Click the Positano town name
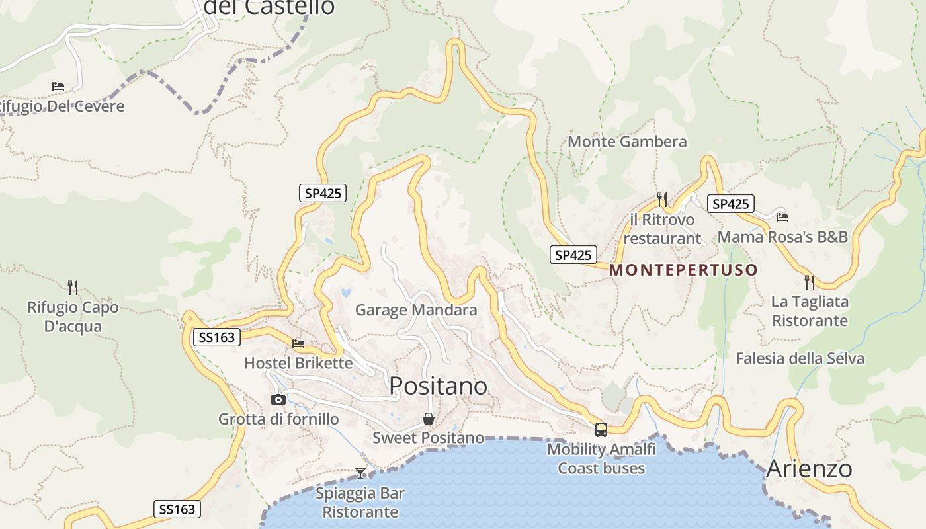438,386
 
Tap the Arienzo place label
809,469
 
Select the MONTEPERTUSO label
683,270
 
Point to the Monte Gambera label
627,142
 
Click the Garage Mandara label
416,309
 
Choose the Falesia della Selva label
800,358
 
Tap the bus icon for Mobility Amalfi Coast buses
601,430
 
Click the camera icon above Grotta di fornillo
278,399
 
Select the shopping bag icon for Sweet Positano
429,419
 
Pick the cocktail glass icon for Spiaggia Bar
360,473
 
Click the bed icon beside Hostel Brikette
298,344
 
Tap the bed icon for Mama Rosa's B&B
782,217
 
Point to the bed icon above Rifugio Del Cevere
58,87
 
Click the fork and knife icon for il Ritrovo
661,199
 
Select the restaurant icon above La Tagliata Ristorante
810,282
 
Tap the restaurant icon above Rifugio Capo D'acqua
73,287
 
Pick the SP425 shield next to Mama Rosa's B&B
731,204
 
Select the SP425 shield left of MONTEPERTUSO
573,255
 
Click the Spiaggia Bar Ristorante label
360,503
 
